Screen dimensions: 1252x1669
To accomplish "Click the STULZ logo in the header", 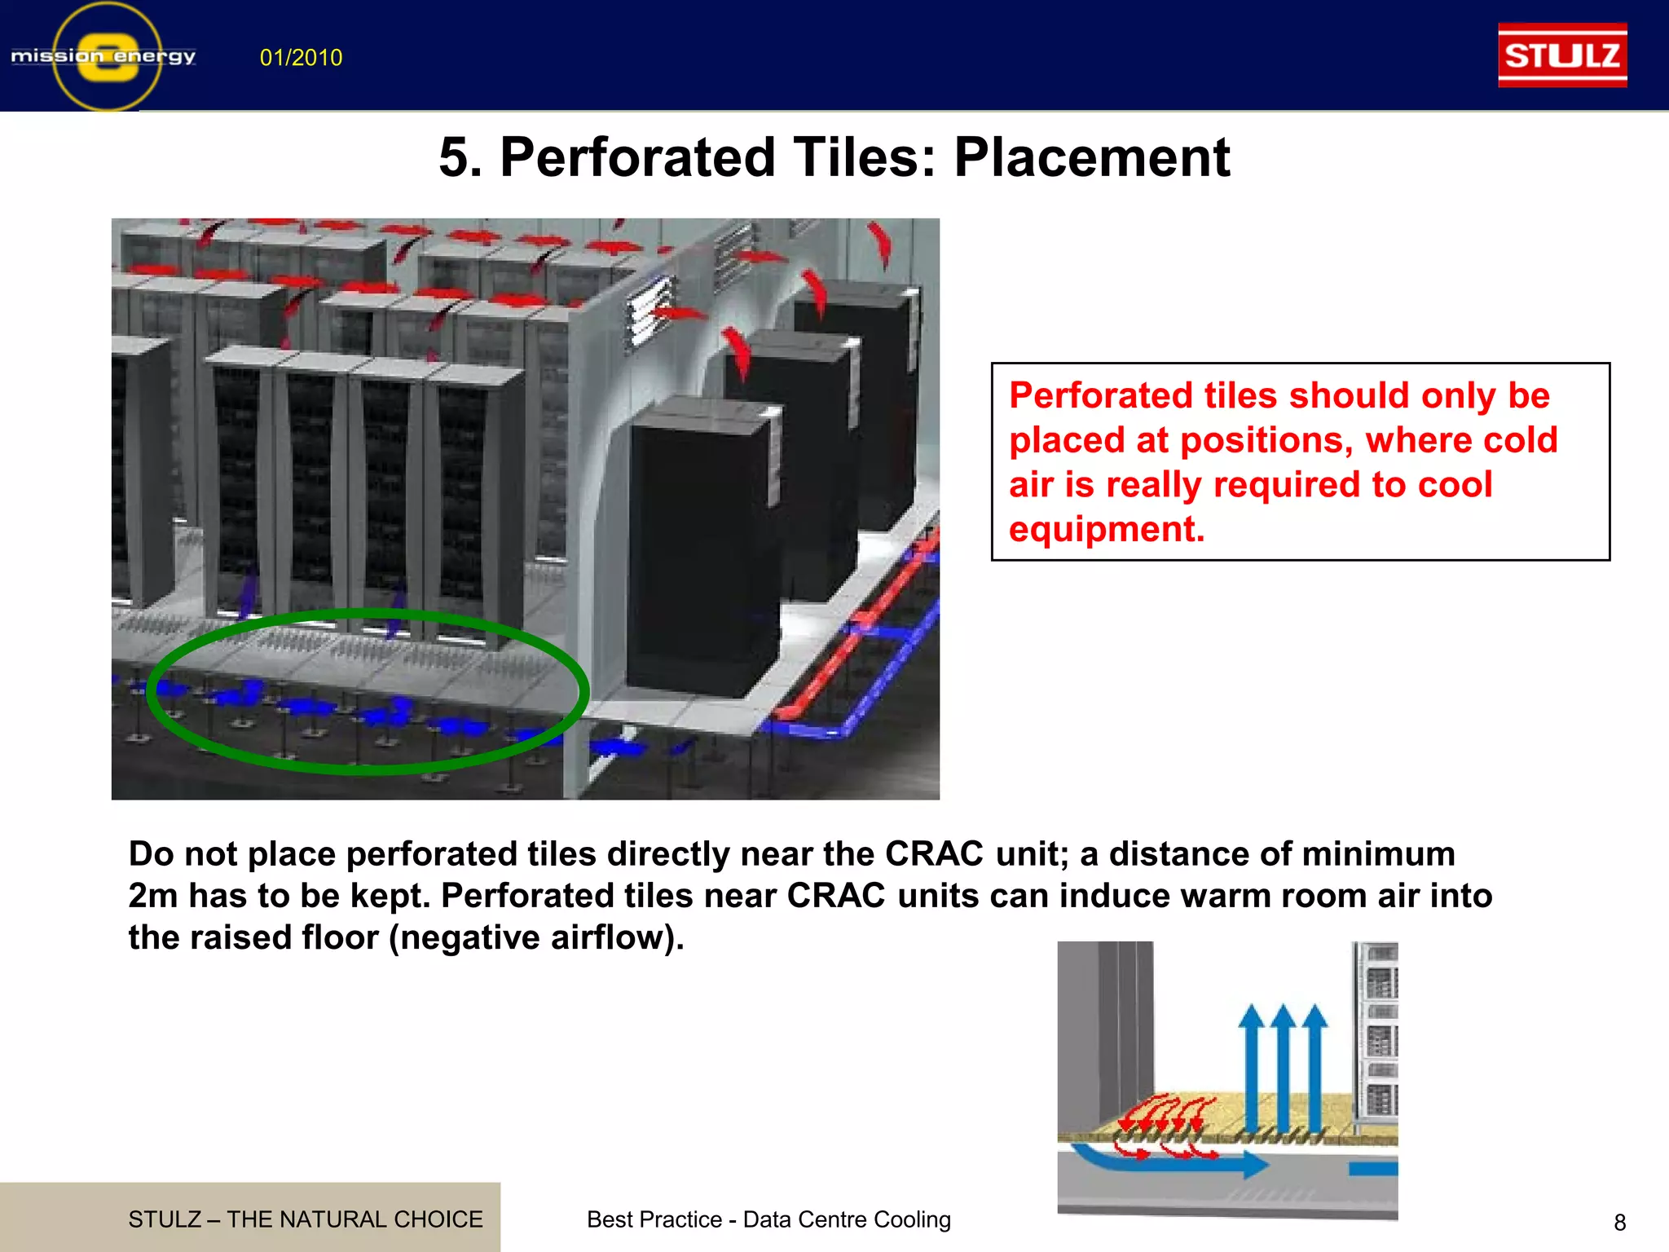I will (x=1562, y=55).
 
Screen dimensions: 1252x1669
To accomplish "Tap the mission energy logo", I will (x=104, y=56).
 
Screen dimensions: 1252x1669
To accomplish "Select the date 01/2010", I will (x=301, y=58).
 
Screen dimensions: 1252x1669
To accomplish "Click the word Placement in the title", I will (x=1091, y=156).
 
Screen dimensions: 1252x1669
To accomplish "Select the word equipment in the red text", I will (x=1105, y=530).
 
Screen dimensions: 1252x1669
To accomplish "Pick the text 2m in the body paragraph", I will (x=153, y=896).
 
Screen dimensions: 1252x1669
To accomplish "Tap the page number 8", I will (x=1619, y=1222).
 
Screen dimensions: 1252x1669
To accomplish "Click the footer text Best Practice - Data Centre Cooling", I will (x=768, y=1219).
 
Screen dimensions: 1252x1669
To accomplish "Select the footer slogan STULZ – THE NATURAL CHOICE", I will (x=306, y=1219).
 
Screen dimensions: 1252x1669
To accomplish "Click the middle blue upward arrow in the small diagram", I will (x=1283, y=1060).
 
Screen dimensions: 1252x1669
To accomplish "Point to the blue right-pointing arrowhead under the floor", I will (x=1255, y=1164).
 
